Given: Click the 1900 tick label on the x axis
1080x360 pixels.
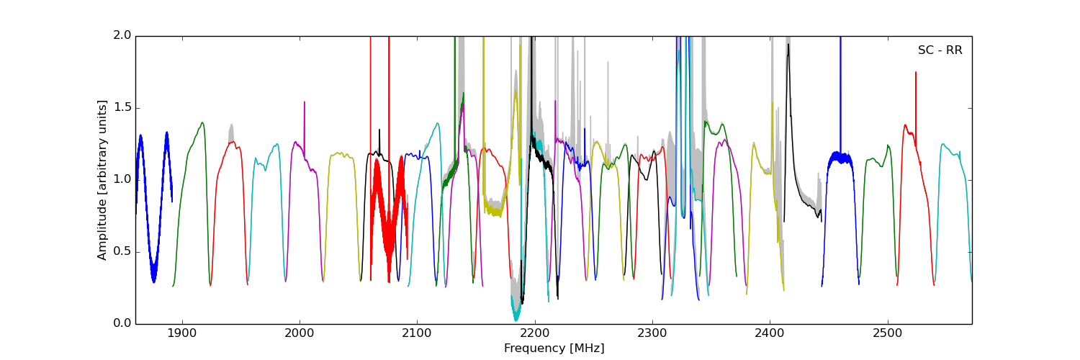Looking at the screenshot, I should point(182,333).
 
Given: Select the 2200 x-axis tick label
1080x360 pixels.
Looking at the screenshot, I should point(535,333).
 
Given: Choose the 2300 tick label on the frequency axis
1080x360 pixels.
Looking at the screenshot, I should point(652,333).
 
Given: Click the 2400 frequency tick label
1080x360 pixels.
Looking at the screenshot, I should point(770,333).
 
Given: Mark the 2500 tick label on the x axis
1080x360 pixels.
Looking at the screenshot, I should point(887,333).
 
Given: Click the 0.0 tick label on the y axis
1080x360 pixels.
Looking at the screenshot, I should point(122,323).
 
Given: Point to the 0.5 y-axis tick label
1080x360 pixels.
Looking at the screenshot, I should point(122,251).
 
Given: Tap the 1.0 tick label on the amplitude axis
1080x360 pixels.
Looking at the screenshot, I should point(122,179).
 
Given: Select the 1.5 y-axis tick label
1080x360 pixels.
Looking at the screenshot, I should point(122,108).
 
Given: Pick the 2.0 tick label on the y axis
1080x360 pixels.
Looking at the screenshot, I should point(122,36).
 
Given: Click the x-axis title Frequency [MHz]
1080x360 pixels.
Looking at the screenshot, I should point(554,348).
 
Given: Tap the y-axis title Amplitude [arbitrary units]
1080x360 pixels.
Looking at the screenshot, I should point(102,180).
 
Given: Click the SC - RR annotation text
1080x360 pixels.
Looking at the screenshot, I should point(940,50).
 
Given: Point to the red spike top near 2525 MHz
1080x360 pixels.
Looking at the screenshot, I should point(916,72).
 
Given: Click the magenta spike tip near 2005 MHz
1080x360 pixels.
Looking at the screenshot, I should point(305,102).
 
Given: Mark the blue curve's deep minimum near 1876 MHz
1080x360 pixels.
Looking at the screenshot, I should point(153,281).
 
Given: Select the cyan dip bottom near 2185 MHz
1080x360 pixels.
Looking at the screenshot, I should point(516,319).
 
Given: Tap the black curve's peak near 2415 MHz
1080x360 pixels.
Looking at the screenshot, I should point(788,45).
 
